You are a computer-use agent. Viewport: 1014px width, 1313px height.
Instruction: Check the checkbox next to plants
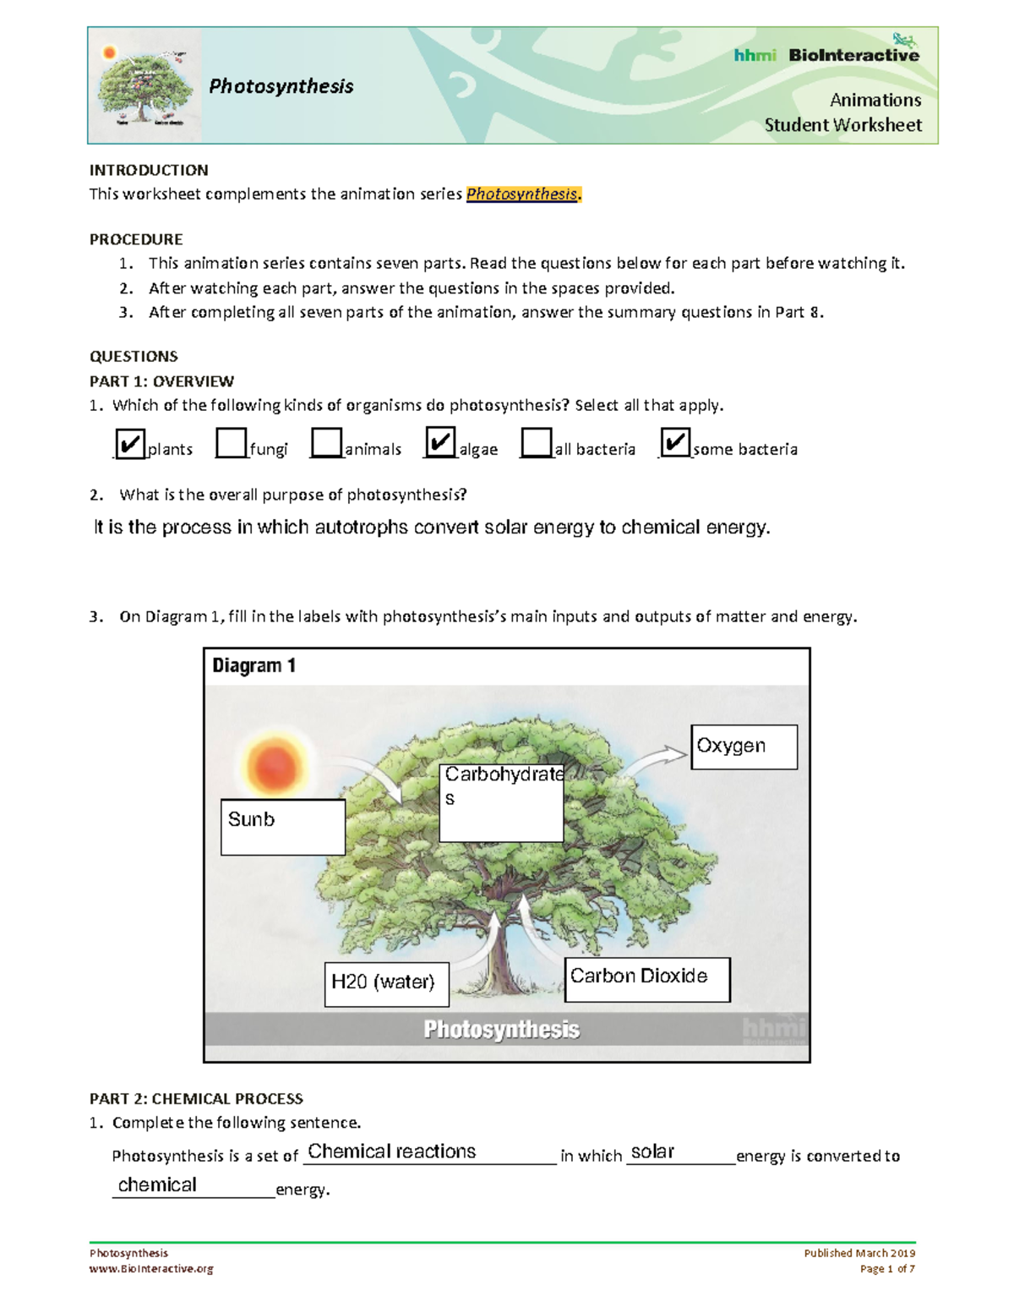tap(129, 444)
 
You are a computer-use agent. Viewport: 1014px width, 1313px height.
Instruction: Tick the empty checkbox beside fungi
tap(231, 443)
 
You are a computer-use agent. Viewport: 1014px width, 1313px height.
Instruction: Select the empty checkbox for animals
tap(326, 443)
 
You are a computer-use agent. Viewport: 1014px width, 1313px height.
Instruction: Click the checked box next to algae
tap(440, 442)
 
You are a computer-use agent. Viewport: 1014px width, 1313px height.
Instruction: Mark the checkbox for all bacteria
tap(536, 443)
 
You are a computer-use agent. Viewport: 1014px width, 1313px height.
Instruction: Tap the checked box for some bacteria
tap(675, 442)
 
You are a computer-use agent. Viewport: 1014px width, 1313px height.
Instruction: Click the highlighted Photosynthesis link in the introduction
tap(522, 194)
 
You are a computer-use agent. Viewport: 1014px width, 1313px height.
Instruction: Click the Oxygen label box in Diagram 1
tap(744, 747)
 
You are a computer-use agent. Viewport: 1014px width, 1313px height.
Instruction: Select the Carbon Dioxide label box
tap(646, 979)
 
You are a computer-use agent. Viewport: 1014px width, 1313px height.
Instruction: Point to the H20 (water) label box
tap(386, 984)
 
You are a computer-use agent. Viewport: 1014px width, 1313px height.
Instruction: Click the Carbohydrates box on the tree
tap(501, 802)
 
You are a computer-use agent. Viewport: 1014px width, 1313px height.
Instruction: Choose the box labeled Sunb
tap(282, 827)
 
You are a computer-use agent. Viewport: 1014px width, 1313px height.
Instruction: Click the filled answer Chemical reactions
tap(392, 1152)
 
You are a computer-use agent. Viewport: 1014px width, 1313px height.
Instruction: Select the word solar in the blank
tap(652, 1152)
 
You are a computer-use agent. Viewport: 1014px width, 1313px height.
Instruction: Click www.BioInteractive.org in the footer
tap(151, 1268)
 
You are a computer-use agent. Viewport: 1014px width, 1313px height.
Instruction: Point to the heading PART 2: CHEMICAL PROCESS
tap(196, 1098)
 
